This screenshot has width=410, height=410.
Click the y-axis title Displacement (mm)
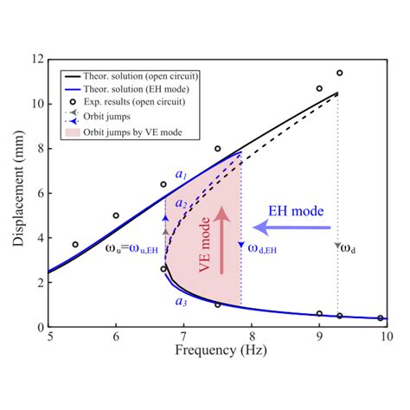(19, 192)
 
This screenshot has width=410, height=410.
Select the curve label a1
(181, 176)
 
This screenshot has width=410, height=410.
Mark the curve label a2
(181, 203)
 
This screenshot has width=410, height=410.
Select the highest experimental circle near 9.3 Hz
(340, 74)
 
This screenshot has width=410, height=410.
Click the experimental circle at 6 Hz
(116, 215)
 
